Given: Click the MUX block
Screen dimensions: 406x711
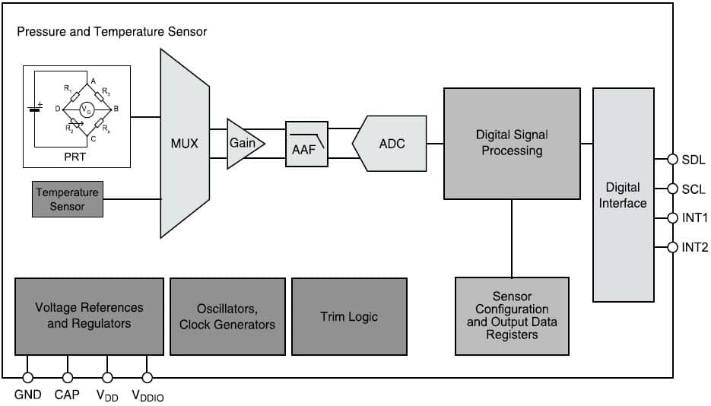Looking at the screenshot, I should point(184,143).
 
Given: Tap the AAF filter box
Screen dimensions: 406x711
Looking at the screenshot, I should point(306,144).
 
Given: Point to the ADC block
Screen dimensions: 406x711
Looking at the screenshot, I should point(390,143).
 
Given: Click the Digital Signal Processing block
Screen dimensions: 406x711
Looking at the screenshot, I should point(511,143).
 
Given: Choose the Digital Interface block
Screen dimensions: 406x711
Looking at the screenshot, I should point(623,195).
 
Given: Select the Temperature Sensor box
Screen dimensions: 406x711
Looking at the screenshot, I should point(67,200).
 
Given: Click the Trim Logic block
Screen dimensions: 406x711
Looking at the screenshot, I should point(349,316).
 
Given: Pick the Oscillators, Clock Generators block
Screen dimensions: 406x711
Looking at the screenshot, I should point(227,316).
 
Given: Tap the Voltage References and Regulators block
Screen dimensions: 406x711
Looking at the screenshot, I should point(89,316).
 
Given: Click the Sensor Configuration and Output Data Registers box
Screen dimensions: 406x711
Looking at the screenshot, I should point(512,316).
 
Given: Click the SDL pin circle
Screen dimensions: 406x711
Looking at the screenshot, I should point(672,160).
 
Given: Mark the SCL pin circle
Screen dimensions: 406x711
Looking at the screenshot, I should point(672,189).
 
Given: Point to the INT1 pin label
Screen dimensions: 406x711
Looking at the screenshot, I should point(695,218).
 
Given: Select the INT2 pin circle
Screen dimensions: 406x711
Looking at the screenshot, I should point(672,247).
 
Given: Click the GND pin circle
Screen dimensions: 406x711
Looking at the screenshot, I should point(27,377).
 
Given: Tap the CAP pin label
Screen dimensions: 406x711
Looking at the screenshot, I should point(68,395).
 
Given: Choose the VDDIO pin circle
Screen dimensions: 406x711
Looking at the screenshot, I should point(148,377).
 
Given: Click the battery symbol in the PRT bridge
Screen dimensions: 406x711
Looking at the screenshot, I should point(34,108).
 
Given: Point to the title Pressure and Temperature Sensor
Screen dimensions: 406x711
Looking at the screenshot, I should point(112,32).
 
